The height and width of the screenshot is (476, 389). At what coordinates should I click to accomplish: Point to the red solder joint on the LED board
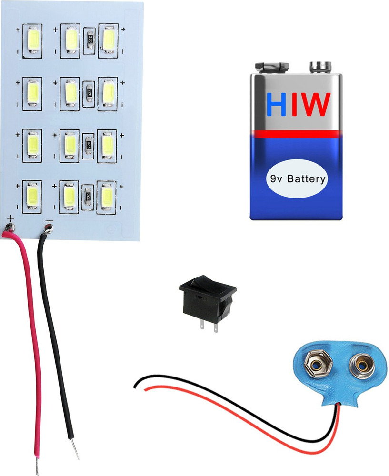[x=10, y=232]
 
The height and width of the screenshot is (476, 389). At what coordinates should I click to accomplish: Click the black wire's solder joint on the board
[x=47, y=232]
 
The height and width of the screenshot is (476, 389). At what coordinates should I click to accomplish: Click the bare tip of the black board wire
[x=75, y=449]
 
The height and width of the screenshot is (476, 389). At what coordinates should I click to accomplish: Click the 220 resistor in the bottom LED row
[x=87, y=196]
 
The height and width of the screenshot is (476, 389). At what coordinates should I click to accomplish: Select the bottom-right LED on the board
[x=106, y=196]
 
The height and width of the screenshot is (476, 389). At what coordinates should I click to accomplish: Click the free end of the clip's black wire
[x=135, y=385]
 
